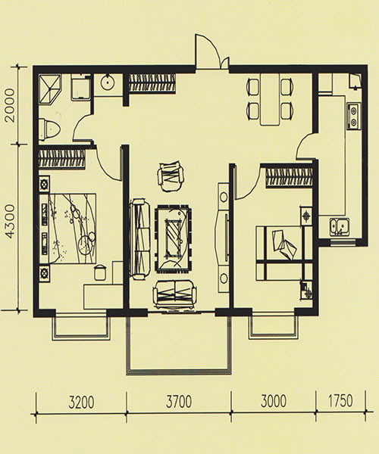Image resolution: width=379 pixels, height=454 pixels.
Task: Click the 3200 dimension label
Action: [x=81, y=403]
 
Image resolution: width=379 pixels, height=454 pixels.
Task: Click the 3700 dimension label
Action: [x=179, y=402]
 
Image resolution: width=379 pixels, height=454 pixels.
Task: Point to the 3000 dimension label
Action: [x=274, y=401]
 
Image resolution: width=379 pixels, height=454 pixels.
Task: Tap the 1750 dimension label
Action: [x=340, y=401]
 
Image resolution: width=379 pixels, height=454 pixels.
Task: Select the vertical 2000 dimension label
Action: [x=9, y=105]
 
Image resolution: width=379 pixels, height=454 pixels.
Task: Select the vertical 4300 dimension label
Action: [x=9, y=222]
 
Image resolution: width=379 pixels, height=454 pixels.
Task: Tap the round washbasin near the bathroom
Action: [x=108, y=82]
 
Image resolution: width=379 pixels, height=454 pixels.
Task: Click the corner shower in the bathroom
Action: [x=50, y=89]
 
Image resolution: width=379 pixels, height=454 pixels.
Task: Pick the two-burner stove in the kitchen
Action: [x=353, y=116]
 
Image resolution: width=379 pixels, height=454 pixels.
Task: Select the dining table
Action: [x=270, y=99]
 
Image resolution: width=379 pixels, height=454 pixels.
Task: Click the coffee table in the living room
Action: [x=173, y=238]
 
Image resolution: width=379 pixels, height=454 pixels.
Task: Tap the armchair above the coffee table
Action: [x=171, y=177]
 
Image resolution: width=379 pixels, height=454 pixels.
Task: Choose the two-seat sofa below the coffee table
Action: [x=174, y=294]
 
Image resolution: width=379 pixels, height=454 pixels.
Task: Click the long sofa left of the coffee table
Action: [x=139, y=239]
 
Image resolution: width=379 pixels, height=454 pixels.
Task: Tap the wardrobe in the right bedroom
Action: [x=289, y=178]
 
